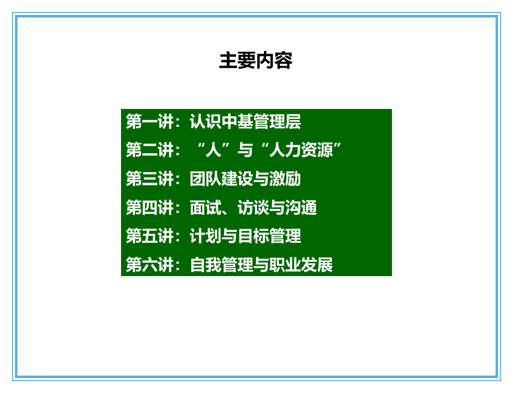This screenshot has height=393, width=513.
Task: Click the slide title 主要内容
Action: [256, 61]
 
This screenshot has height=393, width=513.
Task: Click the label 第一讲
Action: [149, 121]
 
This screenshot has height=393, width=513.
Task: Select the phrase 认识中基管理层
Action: [245, 121]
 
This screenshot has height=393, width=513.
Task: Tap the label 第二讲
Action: [149, 150]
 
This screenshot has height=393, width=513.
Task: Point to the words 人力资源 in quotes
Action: [301, 150]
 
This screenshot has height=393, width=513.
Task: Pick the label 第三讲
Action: [149, 179]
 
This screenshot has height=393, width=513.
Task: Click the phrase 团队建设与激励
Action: [245, 179]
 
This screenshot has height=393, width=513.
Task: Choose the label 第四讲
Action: [149, 207]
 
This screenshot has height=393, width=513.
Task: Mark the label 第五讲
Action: [149, 236]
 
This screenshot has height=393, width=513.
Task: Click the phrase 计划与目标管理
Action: [245, 236]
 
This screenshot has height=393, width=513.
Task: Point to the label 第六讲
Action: [149, 265]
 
